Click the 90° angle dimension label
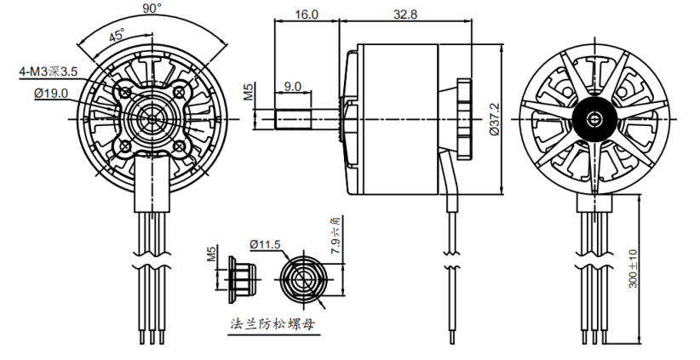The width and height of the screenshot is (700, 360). click(152, 9)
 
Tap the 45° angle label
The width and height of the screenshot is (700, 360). click(118, 35)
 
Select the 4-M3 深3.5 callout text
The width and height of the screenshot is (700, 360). click(49, 71)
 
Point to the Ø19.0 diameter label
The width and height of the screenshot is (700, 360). click(51, 94)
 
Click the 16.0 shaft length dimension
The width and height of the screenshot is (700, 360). click(307, 14)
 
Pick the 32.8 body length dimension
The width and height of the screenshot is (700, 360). click(405, 14)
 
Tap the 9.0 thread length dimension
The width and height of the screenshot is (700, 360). click(292, 86)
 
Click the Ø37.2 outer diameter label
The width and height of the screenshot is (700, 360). click(494, 119)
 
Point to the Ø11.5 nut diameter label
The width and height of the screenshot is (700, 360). click(265, 244)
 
